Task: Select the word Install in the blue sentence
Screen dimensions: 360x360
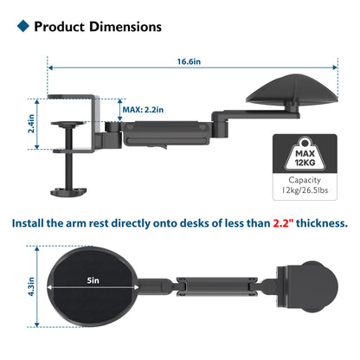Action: coord(34,222)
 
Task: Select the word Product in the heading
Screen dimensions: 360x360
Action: coord(58,27)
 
